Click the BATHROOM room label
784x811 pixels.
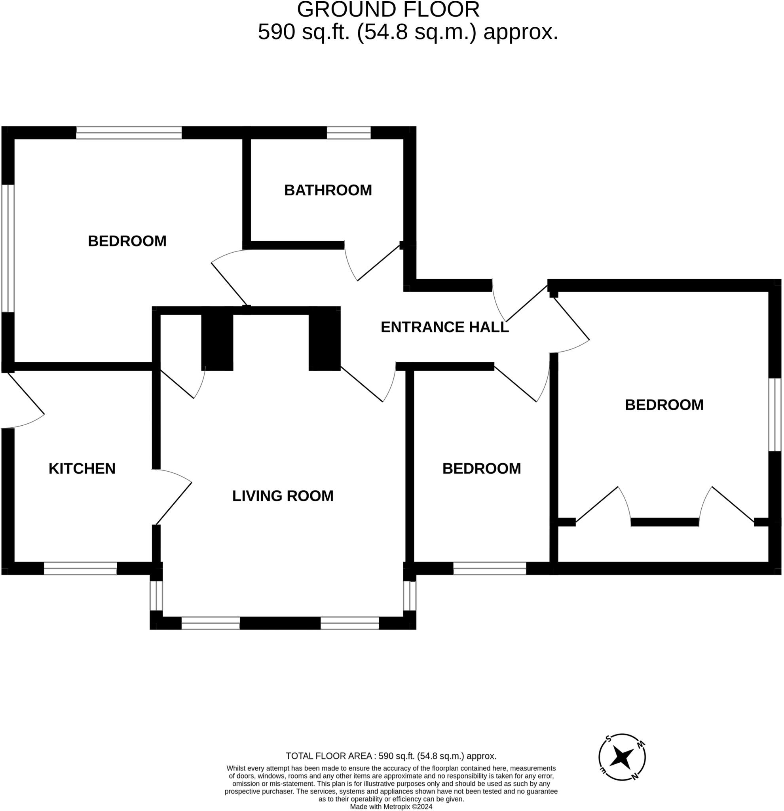(328, 190)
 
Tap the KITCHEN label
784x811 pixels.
(82, 469)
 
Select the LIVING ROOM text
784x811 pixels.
(283, 496)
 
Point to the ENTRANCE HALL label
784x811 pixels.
(444, 327)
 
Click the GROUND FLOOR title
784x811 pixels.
(388, 10)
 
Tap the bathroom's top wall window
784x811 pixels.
(349, 133)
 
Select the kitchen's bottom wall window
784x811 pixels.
(80, 569)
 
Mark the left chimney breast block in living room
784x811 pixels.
(217, 339)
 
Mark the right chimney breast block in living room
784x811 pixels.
(325, 339)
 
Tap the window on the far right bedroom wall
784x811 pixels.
(775, 415)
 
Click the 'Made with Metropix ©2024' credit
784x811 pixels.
(391, 807)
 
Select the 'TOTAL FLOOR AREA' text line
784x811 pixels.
(391, 756)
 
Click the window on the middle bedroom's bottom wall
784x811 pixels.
(490, 569)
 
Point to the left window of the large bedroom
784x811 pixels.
(8, 248)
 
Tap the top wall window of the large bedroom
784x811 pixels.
(129, 133)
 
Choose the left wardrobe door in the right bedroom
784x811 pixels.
(603, 506)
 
